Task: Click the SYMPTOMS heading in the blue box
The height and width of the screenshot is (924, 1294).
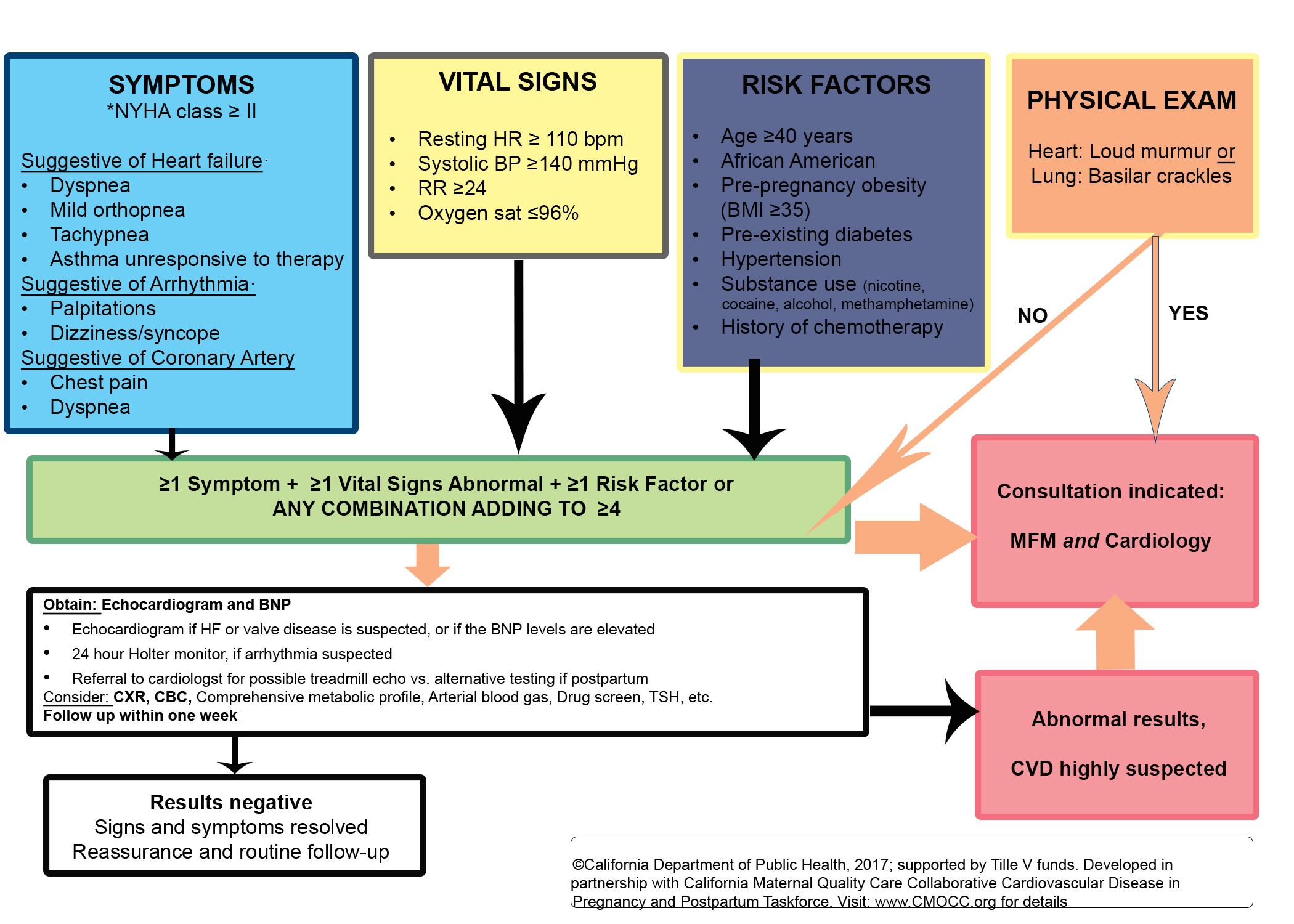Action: (181, 84)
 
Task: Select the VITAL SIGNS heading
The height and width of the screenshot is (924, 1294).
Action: (518, 82)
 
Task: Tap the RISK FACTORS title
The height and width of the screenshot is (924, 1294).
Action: (836, 84)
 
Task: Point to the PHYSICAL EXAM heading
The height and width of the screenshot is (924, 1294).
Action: (1131, 100)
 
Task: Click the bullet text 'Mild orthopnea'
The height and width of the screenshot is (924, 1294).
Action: (117, 210)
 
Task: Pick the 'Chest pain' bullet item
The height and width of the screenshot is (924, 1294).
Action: (99, 383)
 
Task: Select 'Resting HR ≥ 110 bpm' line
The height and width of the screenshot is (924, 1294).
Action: (520, 139)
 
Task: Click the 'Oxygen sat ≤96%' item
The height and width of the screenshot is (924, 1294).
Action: (498, 213)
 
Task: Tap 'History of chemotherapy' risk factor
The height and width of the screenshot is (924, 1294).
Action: (832, 327)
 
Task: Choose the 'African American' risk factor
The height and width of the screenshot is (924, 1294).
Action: (798, 161)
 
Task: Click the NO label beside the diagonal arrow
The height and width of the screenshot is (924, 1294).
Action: (1032, 316)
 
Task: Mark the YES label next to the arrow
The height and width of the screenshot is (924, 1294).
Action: (1188, 314)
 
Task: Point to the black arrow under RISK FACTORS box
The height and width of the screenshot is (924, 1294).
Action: (754, 413)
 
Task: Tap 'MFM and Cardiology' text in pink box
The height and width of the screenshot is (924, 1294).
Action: (1110, 541)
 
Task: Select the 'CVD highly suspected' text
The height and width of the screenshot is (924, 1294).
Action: (1118, 769)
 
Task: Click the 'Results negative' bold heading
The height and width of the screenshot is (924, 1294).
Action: (231, 803)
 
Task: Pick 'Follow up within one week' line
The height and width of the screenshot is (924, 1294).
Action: (140, 716)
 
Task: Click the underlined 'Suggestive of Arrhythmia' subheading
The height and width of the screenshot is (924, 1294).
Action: (135, 284)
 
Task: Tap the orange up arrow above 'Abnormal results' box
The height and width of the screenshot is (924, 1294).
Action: (1115, 634)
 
